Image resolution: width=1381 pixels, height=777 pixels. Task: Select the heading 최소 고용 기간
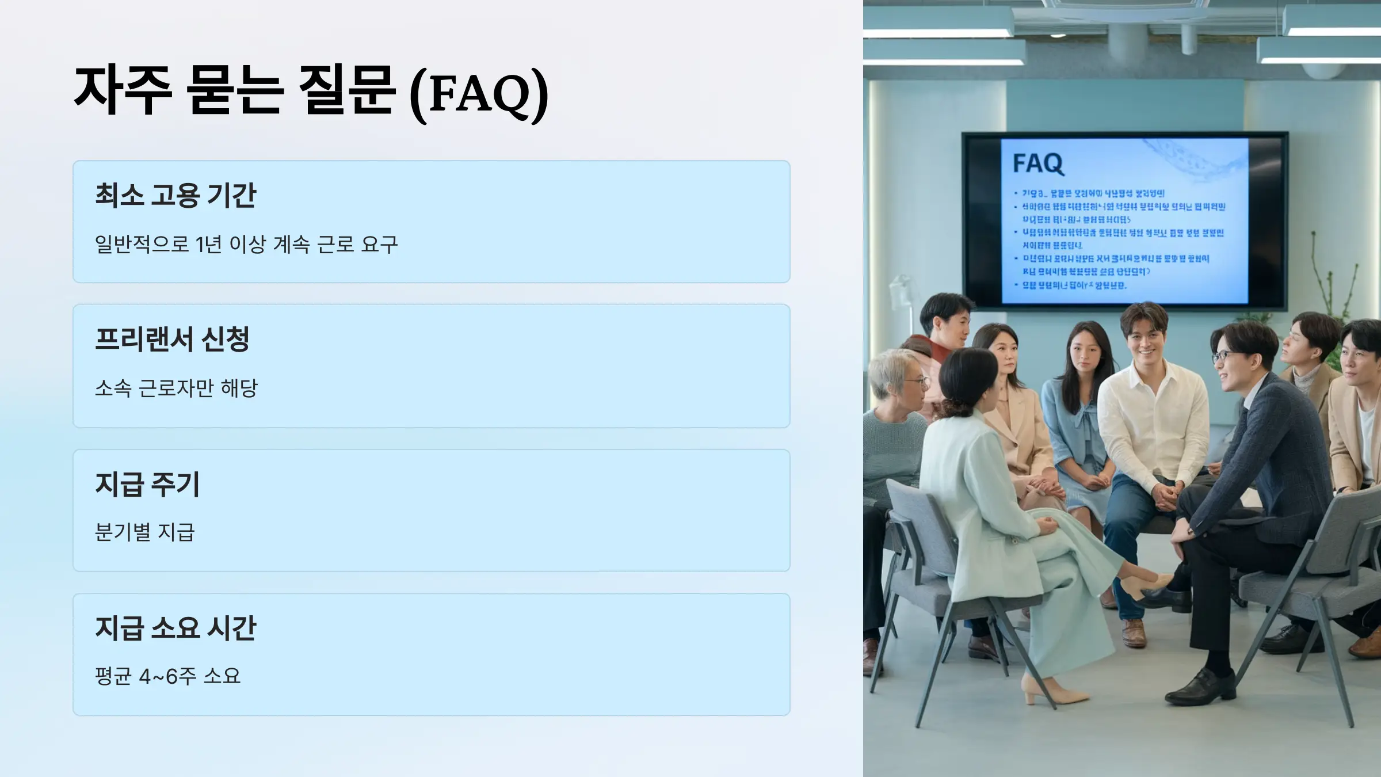[x=176, y=195]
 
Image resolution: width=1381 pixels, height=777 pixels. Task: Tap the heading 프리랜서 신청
[x=172, y=339]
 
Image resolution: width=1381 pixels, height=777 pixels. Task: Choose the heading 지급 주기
[x=147, y=484]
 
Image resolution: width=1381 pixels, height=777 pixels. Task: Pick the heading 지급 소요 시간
[x=176, y=627]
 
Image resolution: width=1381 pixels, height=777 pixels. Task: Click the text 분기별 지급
[x=145, y=532]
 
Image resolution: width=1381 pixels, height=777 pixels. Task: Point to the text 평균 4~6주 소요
[x=167, y=676]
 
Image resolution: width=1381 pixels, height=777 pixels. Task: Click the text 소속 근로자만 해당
[x=176, y=388]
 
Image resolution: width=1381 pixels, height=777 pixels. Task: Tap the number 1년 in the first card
[x=208, y=245]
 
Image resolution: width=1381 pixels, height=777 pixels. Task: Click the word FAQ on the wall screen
[x=1037, y=163]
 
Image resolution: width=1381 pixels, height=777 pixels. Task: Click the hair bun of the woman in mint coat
[x=956, y=408]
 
